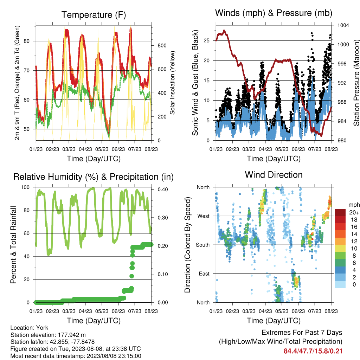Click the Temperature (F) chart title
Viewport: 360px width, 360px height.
(94, 15)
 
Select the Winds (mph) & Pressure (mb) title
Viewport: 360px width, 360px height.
(274, 13)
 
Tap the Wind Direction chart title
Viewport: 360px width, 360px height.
(274, 175)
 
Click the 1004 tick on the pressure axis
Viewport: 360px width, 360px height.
(343, 25)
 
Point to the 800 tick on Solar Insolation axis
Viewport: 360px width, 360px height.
(162, 45)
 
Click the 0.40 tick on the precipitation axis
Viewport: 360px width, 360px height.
(163, 189)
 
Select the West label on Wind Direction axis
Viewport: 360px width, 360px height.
(204, 216)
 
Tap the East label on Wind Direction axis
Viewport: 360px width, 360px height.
(204, 274)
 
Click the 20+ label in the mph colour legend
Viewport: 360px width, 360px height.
(354, 212)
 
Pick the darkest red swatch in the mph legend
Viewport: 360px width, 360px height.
(340, 212)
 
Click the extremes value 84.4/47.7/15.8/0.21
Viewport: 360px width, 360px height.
(313, 351)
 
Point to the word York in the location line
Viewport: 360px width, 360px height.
(42, 328)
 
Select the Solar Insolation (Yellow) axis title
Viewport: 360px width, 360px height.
(172, 83)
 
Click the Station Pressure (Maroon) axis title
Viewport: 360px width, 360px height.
(356, 83)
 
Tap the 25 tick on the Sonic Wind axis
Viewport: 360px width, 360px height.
(207, 40)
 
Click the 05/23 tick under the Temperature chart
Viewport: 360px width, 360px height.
(102, 149)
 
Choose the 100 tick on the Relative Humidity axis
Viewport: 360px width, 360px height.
(25, 187)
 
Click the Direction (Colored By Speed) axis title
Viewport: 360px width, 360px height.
(188, 245)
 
